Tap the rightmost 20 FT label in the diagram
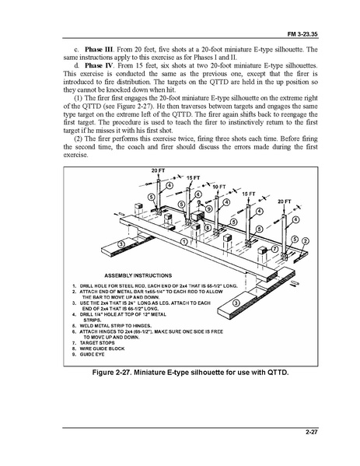284,201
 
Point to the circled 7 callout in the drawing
276,249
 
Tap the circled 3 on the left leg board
121,244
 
